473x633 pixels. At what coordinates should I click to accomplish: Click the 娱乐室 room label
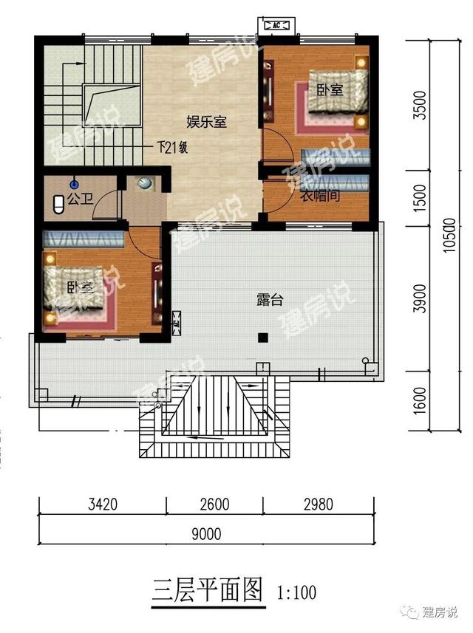(x=205, y=122)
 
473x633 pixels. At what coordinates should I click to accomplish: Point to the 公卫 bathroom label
(x=78, y=199)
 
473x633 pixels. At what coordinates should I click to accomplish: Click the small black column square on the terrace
(x=262, y=338)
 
